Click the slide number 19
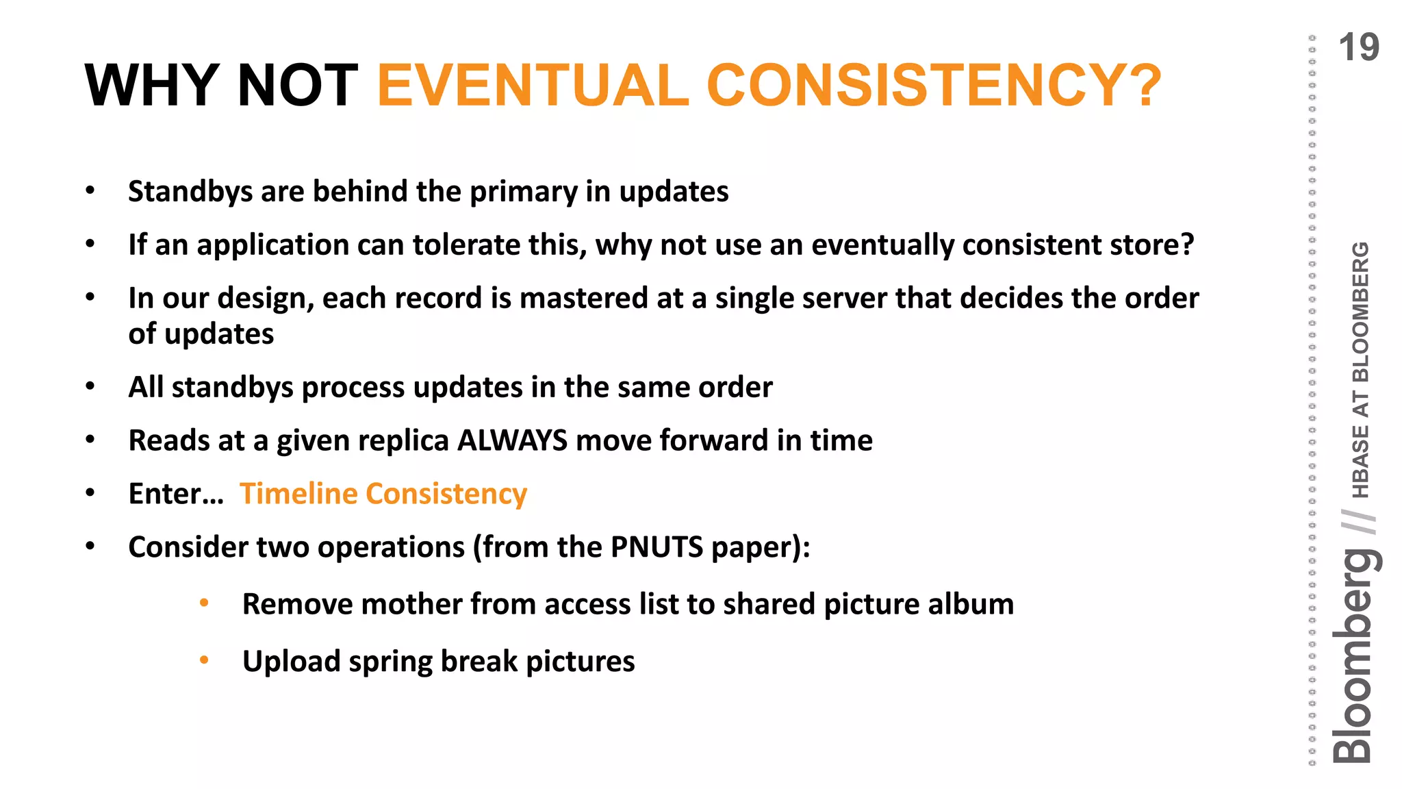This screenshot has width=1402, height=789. pyautogui.click(x=1358, y=48)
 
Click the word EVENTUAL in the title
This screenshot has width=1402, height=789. pyautogui.click(x=533, y=86)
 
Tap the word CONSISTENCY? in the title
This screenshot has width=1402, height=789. pyautogui.click(x=934, y=86)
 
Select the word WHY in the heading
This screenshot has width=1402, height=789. pyautogui.click(x=152, y=86)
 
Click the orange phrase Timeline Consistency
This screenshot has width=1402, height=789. pyautogui.click(x=383, y=494)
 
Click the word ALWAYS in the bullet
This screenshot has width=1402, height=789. pyautogui.click(x=512, y=440)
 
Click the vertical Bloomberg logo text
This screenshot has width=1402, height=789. pyautogui.click(x=1354, y=657)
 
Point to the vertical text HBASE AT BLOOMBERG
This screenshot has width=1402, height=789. pyautogui.click(x=1361, y=370)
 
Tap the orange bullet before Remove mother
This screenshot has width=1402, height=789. pyautogui.click(x=204, y=603)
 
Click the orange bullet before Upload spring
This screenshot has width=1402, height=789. pyautogui.click(x=204, y=660)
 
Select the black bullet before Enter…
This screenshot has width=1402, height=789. pyautogui.click(x=90, y=492)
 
